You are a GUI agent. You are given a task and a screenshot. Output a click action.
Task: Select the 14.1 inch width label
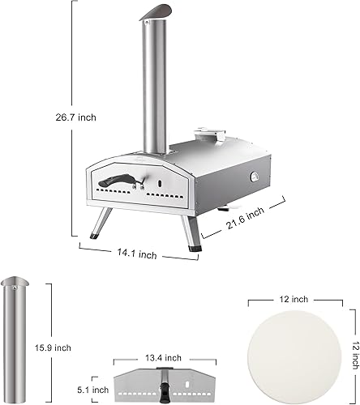coord(135,254)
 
